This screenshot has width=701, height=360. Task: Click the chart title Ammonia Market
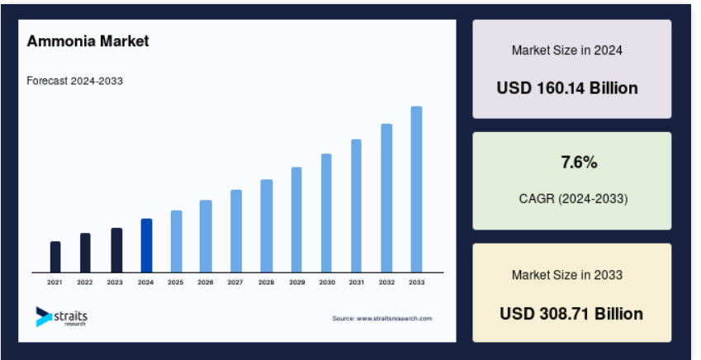point(88,41)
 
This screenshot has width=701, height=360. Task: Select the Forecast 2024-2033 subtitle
point(74,81)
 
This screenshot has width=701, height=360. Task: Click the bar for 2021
point(55,257)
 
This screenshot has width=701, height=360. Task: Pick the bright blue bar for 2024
point(147,245)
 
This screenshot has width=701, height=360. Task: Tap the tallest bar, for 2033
point(416,189)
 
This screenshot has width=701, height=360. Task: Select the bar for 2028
point(267,226)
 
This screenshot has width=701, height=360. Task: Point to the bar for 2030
point(326,213)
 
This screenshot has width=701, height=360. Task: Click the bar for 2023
point(116,250)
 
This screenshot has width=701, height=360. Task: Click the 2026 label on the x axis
point(206,282)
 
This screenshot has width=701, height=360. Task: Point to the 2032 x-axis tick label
point(386,282)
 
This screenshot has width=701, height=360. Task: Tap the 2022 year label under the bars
point(84,282)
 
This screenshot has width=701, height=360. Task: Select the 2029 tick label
point(297,282)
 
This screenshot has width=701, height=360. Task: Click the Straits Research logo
point(62,316)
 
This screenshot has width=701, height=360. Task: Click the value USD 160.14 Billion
point(567,88)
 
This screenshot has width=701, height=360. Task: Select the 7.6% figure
point(579,163)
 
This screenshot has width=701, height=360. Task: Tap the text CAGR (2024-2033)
point(573,198)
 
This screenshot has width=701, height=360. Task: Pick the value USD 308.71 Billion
point(571,314)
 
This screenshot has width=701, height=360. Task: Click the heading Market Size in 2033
point(567,275)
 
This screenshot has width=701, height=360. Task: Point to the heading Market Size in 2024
point(567,50)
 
